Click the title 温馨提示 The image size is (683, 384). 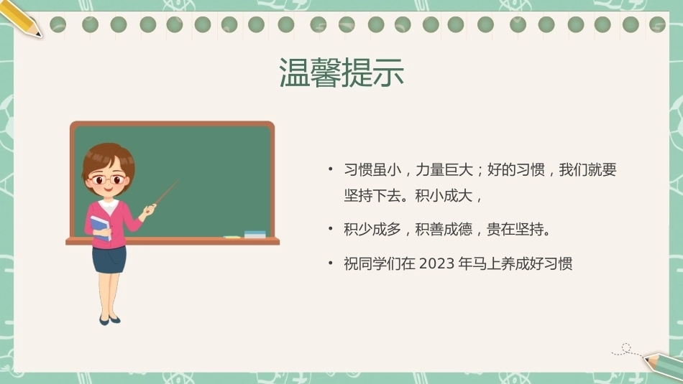click(341, 72)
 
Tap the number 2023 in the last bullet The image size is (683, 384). click(436, 263)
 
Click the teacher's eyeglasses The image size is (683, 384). click(106, 179)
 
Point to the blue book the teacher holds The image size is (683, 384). click(100, 228)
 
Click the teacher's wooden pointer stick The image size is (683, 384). click(166, 192)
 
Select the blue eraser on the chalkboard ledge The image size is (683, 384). click(255, 235)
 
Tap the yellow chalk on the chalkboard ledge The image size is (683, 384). click(232, 237)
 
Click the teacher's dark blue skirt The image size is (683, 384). click(109, 259)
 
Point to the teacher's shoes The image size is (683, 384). click(109, 320)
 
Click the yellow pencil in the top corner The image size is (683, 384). click(21, 19)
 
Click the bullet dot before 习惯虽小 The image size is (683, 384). click(331, 169)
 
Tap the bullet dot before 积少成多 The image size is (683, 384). click(331, 228)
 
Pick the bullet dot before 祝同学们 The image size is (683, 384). click(331, 263)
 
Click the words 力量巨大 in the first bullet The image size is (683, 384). click(444, 169)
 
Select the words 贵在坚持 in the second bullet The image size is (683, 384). click(515, 229)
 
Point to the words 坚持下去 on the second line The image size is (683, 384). click(372, 196)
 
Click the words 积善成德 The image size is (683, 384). click(444, 229)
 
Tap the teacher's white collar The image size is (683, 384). click(109, 205)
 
